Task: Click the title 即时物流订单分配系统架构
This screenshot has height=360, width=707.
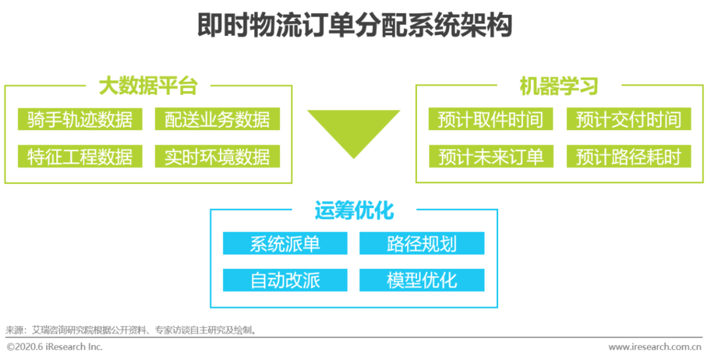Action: (354, 26)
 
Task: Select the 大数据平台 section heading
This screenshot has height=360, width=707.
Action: (148, 86)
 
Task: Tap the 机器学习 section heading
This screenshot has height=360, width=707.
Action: (558, 86)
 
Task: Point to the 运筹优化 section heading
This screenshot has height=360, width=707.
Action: (354, 211)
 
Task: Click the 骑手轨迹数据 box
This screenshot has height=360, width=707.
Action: (80, 119)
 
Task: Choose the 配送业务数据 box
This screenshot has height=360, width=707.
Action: (217, 119)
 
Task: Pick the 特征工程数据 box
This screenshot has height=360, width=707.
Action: (80, 156)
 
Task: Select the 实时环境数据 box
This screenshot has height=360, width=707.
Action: (217, 156)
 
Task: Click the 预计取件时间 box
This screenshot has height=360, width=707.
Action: (490, 119)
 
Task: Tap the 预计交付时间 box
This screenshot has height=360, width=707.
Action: (628, 119)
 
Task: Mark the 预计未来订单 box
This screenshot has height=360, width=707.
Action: (490, 156)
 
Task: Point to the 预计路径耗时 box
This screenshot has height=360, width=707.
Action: (628, 156)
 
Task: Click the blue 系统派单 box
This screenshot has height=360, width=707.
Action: (285, 243)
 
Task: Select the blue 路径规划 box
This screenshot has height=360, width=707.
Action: (422, 243)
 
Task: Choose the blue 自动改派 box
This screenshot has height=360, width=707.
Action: (285, 280)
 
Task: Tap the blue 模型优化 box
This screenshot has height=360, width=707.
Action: (422, 280)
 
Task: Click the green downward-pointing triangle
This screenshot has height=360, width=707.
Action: (353, 128)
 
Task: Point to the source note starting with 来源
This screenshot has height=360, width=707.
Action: (131, 330)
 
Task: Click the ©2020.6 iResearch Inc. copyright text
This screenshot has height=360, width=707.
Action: (55, 347)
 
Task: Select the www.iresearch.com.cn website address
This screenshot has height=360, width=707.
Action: (655, 347)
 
